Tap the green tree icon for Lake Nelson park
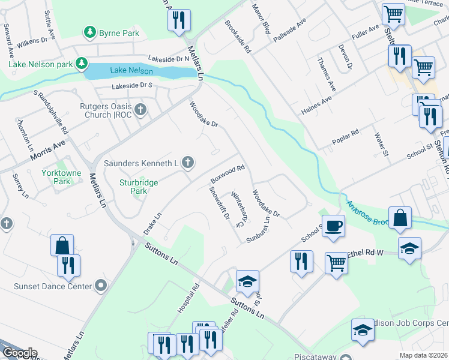point(81,63)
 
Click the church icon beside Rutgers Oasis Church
point(140,109)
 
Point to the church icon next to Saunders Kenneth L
point(188,161)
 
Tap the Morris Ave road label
point(47,152)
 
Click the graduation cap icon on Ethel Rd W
point(409,248)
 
